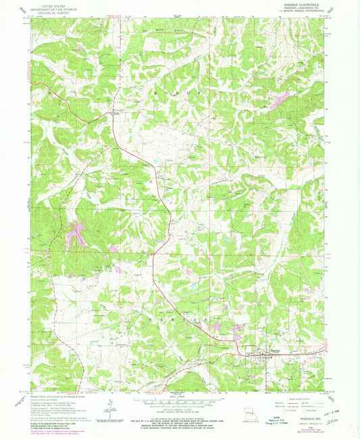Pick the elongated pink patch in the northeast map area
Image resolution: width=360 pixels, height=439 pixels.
278,101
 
